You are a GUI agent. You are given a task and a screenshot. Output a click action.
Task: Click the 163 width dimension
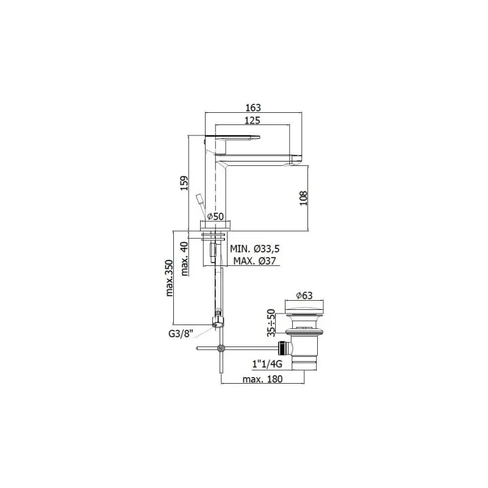click(x=253, y=108)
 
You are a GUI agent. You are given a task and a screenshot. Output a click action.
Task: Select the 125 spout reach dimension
click(x=252, y=120)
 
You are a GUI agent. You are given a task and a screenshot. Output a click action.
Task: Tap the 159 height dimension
click(x=185, y=184)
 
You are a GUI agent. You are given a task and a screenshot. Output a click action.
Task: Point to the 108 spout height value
click(x=303, y=198)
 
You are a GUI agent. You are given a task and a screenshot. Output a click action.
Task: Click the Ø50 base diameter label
click(x=215, y=217)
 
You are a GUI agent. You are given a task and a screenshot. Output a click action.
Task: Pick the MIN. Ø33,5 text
click(x=255, y=249)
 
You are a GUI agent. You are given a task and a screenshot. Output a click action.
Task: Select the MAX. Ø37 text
click(x=255, y=260)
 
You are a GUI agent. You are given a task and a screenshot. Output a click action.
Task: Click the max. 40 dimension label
click(x=185, y=259)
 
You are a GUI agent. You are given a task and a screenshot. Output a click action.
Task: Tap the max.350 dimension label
click(x=169, y=278)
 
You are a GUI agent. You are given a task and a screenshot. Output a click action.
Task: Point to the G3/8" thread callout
click(x=181, y=334)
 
